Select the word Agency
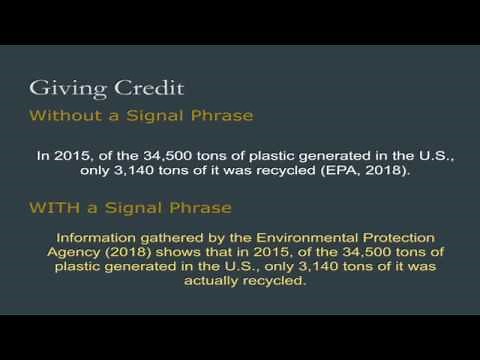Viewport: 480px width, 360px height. pos(81,252)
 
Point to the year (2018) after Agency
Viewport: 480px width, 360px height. pos(132,252)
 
